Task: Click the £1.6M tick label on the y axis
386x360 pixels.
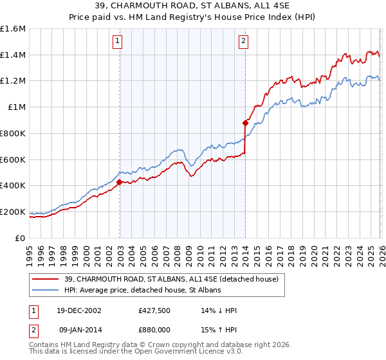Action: (x=13, y=29)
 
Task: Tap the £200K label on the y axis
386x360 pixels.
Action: (x=13, y=212)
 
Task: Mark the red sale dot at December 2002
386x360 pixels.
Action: (x=120, y=182)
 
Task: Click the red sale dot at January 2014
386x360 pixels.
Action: (x=245, y=123)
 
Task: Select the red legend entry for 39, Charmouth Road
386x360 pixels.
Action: (x=171, y=279)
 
